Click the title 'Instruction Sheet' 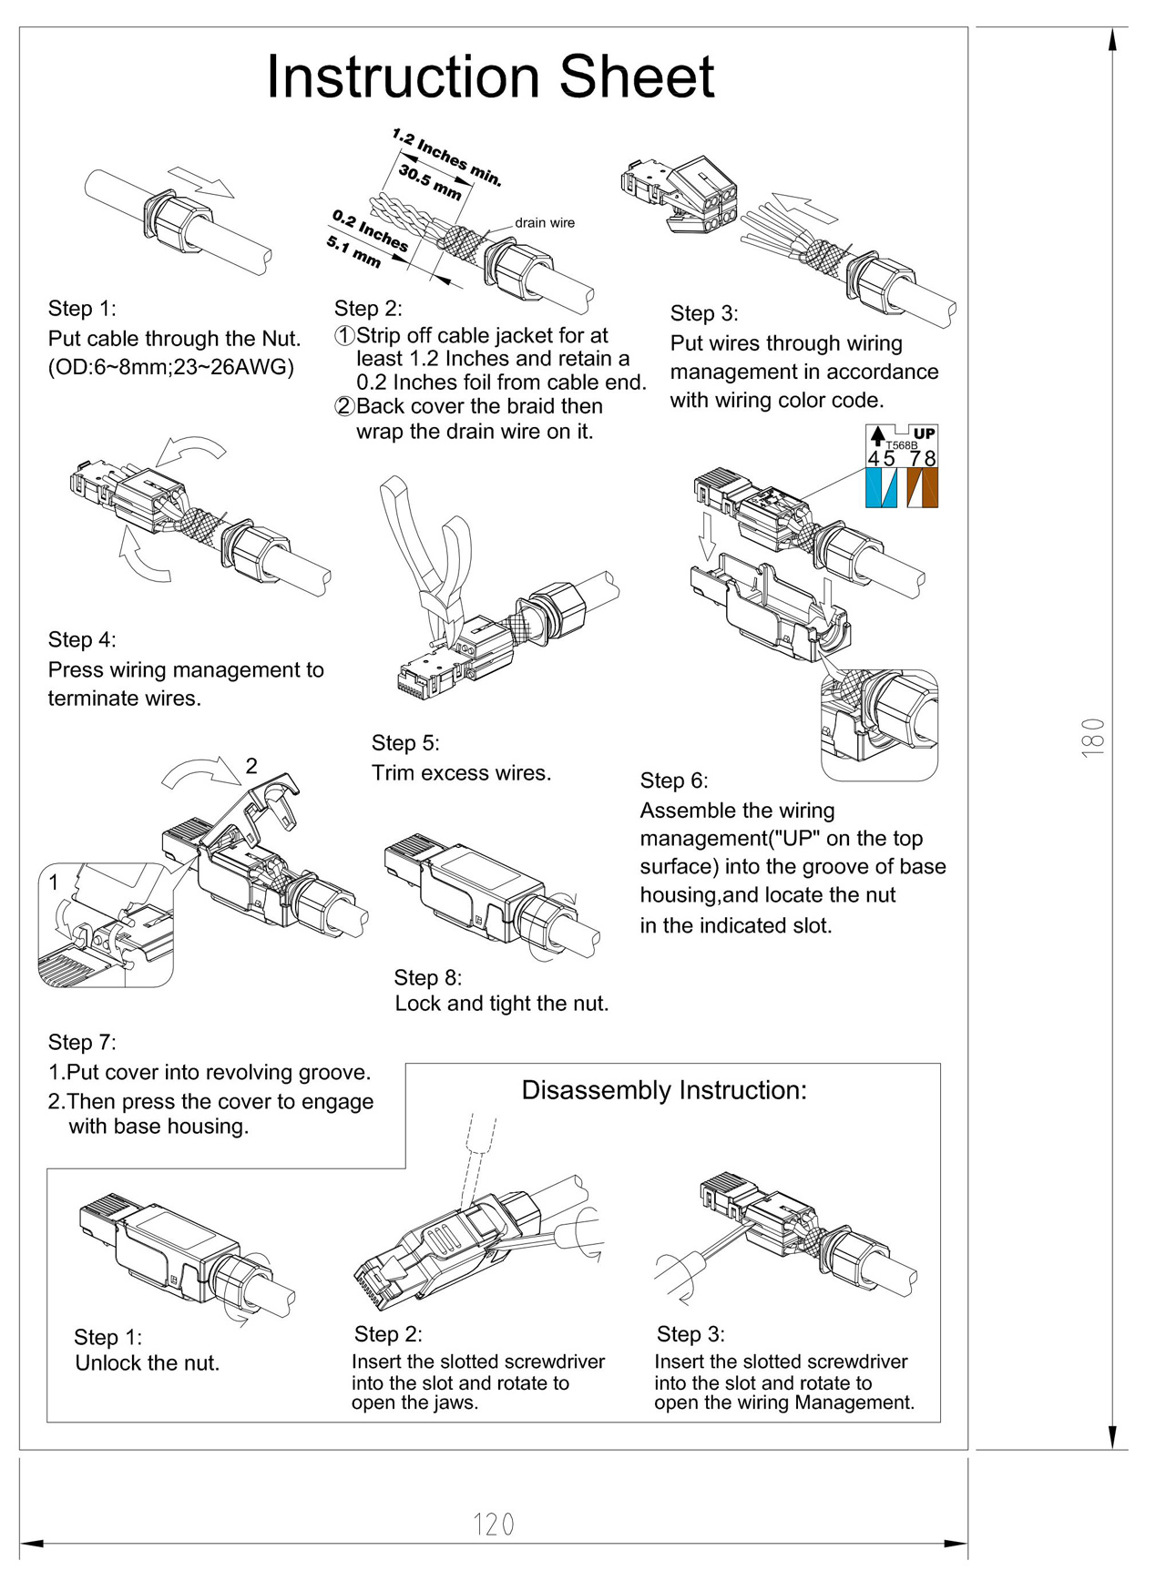tap(490, 76)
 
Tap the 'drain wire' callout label tap(545, 222)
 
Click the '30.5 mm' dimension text tap(430, 182)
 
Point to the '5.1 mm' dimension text tap(353, 251)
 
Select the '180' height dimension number tap(1093, 737)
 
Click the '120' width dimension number tap(494, 1525)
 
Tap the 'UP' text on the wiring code tap(924, 433)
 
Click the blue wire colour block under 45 tap(881, 488)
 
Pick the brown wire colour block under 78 tap(923, 488)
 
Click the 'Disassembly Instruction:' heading tap(664, 1090)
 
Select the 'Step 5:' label tap(405, 743)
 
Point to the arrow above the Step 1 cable tap(202, 181)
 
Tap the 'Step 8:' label tap(428, 977)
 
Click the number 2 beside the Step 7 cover tap(251, 766)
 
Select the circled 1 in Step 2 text tap(344, 335)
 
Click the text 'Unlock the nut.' tap(148, 1362)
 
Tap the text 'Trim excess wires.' tap(461, 773)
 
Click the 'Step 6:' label tap(674, 780)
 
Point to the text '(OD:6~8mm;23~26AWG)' tap(171, 367)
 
